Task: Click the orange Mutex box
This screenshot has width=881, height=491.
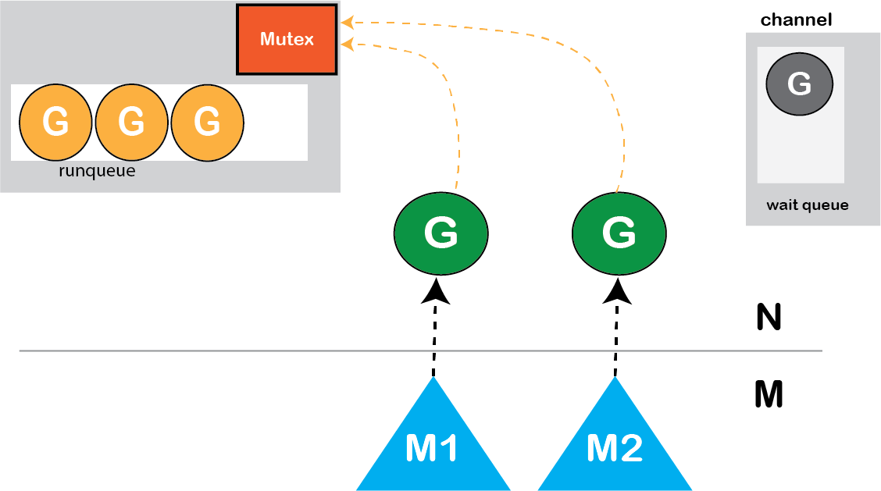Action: click(x=287, y=39)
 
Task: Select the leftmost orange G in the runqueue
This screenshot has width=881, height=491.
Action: click(x=55, y=122)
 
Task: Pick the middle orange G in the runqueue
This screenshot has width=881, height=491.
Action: click(x=131, y=122)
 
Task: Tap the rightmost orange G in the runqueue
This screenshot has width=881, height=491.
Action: click(x=207, y=122)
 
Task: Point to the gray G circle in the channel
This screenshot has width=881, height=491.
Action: click(x=799, y=84)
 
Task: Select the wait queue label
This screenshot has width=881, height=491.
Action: click(x=807, y=205)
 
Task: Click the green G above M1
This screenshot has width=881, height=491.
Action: click(x=440, y=233)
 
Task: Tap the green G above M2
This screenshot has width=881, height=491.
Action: click(x=619, y=233)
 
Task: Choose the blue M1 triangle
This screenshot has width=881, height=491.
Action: click(x=433, y=445)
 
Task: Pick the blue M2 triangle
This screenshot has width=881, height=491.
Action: click(x=615, y=445)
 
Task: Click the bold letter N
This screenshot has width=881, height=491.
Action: click(x=769, y=318)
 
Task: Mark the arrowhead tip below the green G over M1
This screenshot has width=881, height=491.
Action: click(x=436, y=283)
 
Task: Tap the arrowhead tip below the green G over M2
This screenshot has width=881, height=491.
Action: click(x=619, y=283)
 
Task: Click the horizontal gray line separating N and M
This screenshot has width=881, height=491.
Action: click(x=234, y=351)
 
